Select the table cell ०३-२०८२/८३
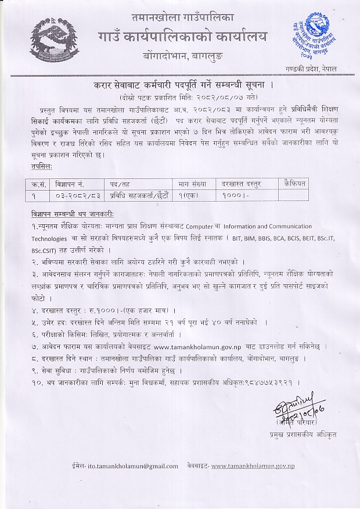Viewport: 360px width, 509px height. coord(75,195)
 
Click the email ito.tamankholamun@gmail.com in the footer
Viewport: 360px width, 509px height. coord(136,465)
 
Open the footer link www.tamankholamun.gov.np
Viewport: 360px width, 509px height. coord(253,465)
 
